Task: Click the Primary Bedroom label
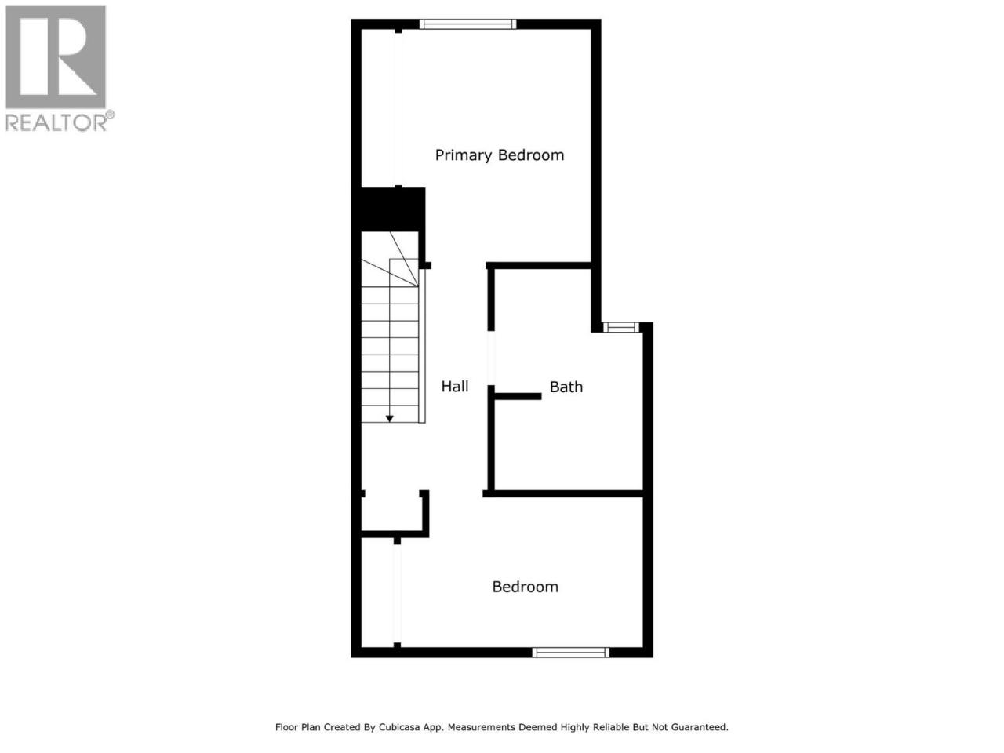coord(499,155)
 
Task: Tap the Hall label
coord(455,387)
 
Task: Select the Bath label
coord(566,387)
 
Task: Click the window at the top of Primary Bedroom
coord(468,24)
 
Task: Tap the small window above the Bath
coord(620,327)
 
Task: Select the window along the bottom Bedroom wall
coord(571,653)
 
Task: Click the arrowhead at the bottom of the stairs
coord(390,418)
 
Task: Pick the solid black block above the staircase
coord(389,209)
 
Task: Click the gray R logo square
coord(56,57)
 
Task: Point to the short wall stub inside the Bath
coord(518,396)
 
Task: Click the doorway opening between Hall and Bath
coord(491,358)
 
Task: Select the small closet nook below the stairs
coord(391,511)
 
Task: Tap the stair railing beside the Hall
coord(422,346)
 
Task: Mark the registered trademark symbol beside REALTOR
coord(111,115)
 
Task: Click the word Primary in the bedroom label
coord(464,155)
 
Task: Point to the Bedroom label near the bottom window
coord(525,587)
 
